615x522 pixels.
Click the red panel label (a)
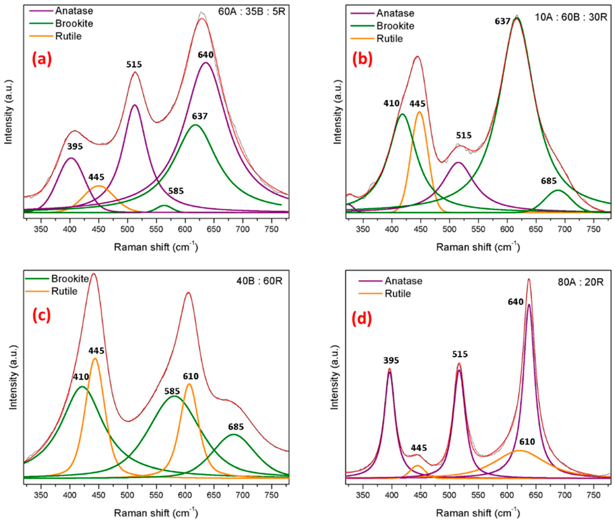pyautogui.click(x=42, y=59)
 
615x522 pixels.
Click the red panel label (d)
pyautogui.click(x=361, y=320)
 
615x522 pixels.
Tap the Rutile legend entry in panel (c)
pyautogui.click(x=64, y=292)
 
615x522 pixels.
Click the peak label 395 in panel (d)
pyautogui.click(x=391, y=360)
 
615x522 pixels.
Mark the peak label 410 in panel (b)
pyautogui.click(x=392, y=103)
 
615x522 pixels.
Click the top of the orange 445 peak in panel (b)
pyautogui.click(x=419, y=112)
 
